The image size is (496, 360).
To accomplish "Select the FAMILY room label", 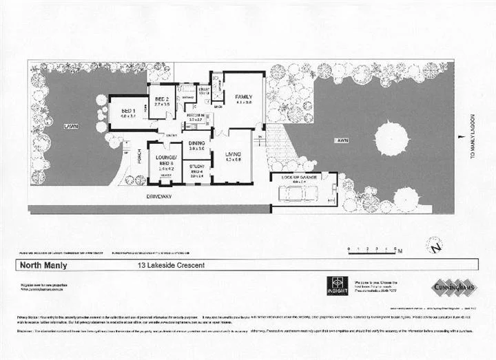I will pyautogui.click(x=244, y=97).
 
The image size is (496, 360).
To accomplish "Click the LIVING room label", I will pyautogui.click(x=234, y=156).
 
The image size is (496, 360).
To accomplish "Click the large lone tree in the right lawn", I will pyautogui.click(x=394, y=136).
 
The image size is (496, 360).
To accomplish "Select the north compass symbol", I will pyautogui.click(x=434, y=244).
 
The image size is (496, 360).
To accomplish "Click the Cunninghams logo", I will pyautogui.click(x=452, y=286).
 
